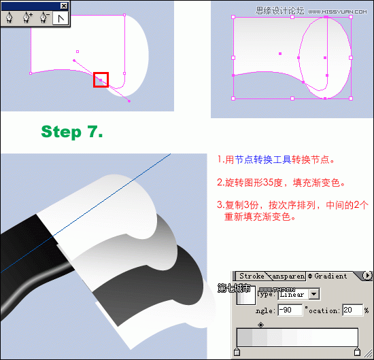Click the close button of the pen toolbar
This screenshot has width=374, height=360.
[x=63, y=5]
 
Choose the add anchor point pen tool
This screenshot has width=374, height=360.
[x=28, y=18]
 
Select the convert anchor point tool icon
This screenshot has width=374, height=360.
[x=61, y=18]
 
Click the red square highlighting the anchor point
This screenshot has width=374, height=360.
[x=101, y=79]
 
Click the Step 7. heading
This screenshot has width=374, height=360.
[x=72, y=132]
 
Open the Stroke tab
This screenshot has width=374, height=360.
[x=252, y=276]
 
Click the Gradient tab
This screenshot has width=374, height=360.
[x=330, y=276]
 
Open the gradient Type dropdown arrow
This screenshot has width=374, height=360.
[x=313, y=294]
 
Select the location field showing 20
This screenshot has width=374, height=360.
[x=352, y=310]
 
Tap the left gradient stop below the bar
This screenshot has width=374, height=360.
[x=237, y=351]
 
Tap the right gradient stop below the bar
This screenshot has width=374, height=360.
[x=358, y=351]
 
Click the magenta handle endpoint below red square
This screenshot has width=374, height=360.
[x=129, y=101]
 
